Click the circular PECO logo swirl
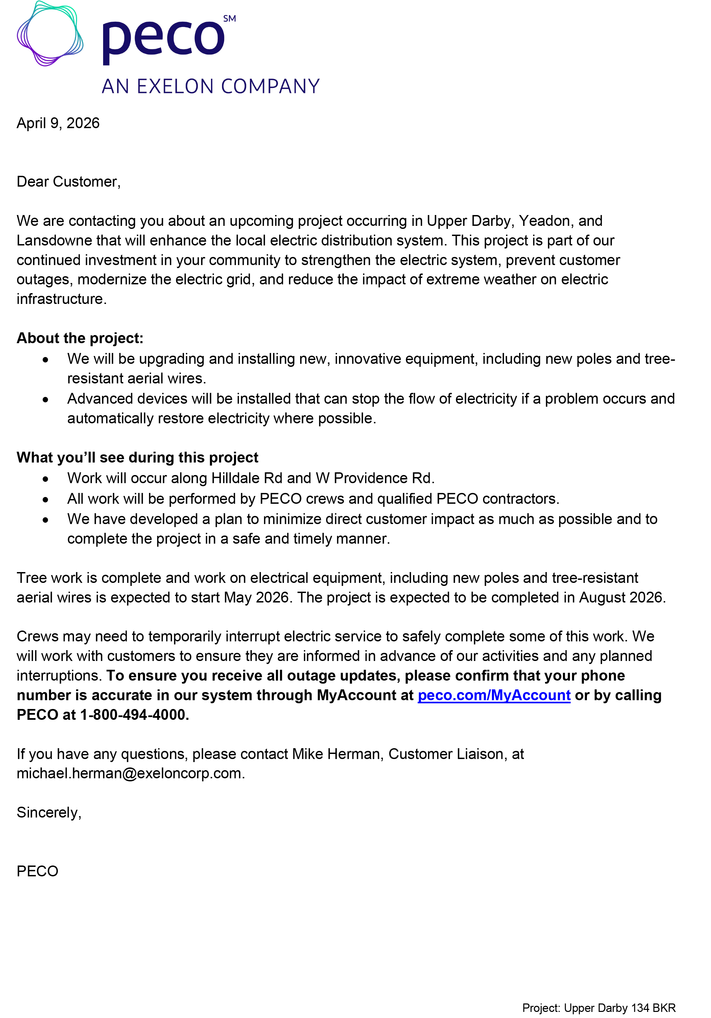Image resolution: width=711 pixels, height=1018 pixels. tap(50, 34)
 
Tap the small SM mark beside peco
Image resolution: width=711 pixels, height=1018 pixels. tap(229, 19)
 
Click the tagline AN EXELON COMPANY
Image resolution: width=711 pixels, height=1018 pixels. tap(211, 87)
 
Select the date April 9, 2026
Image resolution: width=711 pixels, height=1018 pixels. tap(58, 123)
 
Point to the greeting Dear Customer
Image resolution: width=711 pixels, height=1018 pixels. tap(68, 181)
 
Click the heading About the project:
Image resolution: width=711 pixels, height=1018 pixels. tap(80, 338)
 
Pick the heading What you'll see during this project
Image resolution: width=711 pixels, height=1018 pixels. tap(137, 457)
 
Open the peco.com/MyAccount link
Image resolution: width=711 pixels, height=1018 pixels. tap(494, 695)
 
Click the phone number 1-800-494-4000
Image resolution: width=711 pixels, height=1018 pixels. tap(134, 714)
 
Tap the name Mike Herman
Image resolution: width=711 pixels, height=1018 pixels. tap(337, 753)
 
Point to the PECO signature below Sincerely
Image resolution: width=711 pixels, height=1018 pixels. tap(38, 871)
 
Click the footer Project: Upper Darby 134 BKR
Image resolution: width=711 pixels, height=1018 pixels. tap(598, 1008)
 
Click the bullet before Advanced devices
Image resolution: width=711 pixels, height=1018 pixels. tap(46, 400)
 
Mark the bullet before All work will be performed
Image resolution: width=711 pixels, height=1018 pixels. tap(46, 500)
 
